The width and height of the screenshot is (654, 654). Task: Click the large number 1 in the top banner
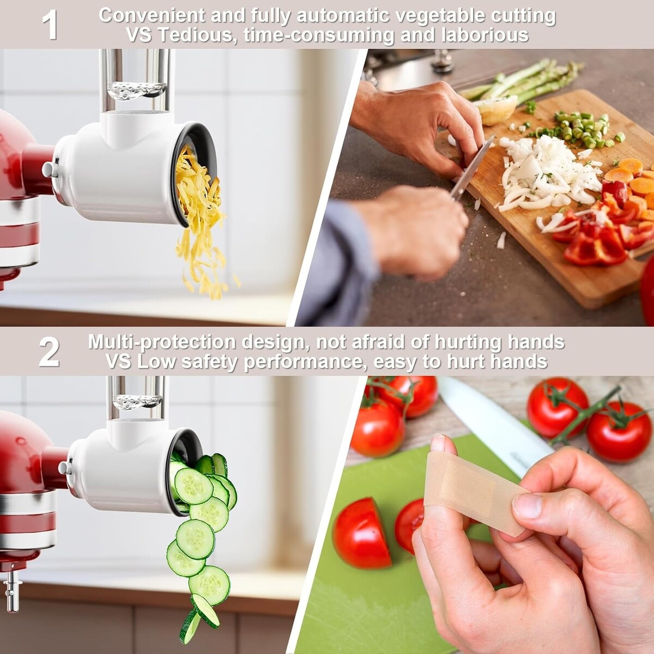(x=50, y=25)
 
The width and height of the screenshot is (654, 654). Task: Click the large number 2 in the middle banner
(x=50, y=352)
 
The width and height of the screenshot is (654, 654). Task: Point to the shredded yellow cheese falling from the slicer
(x=200, y=221)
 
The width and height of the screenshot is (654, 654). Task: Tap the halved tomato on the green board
(x=361, y=533)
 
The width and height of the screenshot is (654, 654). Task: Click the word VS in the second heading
(x=120, y=362)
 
